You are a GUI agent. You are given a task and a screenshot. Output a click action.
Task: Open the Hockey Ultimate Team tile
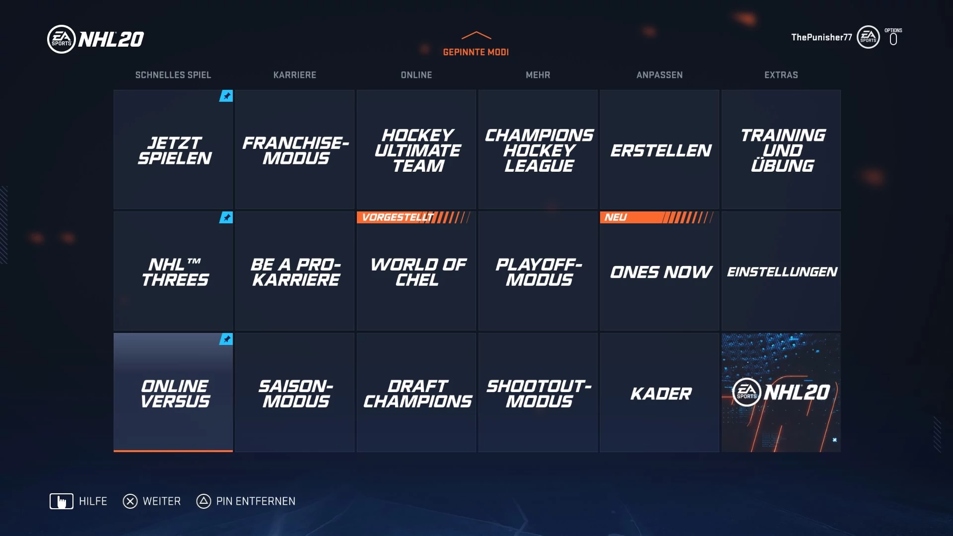[x=416, y=149]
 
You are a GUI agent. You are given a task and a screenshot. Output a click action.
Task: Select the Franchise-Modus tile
[x=295, y=149]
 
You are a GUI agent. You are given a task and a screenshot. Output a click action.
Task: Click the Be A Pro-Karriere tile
[x=295, y=271]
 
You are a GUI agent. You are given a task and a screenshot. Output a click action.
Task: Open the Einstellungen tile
[x=781, y=271]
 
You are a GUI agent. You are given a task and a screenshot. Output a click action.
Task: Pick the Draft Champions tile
[x=416, y=393]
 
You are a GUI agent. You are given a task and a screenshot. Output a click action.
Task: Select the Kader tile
[x=659, y=393]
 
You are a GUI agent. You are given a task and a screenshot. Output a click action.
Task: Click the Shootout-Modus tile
[x=538, y=393]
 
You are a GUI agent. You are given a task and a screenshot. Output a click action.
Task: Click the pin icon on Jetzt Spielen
[x=226, y=96]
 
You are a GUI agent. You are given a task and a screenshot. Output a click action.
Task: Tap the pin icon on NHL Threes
[x=226, y=217]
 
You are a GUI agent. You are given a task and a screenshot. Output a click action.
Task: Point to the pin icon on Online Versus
[x=226, y=339]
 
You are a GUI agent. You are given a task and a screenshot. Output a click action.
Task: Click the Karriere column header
[x=295, y=75]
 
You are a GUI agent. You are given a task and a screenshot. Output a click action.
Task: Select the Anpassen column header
[x=659, y=75]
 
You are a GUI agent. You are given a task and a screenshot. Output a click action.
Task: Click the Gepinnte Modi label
[x=476, y=52]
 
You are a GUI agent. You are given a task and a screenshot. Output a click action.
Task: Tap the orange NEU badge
[x=615, y=217]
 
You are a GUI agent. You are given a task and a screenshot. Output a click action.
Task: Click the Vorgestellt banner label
[x=397, y=217]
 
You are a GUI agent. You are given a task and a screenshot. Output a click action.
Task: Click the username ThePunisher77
[x=821, y=37]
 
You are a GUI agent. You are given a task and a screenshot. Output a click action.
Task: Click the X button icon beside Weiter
[x=130, y=501]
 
